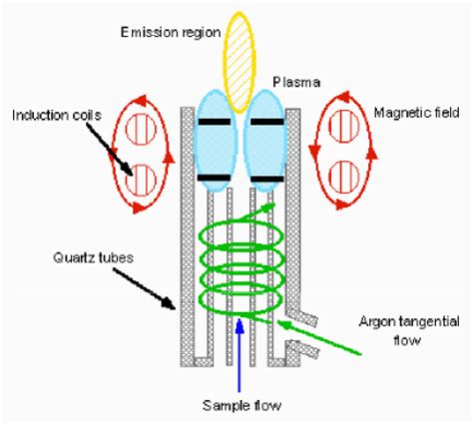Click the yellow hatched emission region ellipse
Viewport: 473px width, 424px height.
click(240, 62)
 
